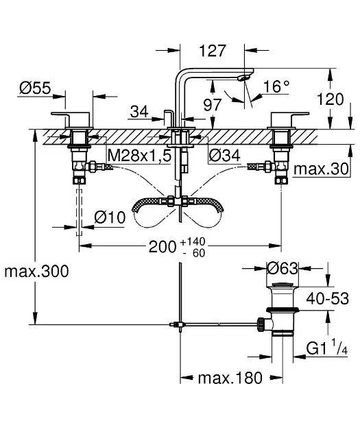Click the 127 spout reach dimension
pyautogui.click(x=213, y=51)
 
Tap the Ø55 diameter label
pyautogui.click(x=35, y=88)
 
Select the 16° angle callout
pyautogui.click(x=276, y=86)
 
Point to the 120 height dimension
pyautogui.click(x=331, y=99)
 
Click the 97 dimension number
pyautogui.click(x=213, y=105)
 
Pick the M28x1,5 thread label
pyautogui.click(x=140, y=156)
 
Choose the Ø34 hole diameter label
pyautogui.click(x=224, y=156)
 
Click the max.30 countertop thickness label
pyautogui.click(x=321, y=169)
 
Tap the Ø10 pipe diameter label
pyautogui.click(x=110, y=217)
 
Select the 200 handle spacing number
pyautogui.click(x=163, y=247)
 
